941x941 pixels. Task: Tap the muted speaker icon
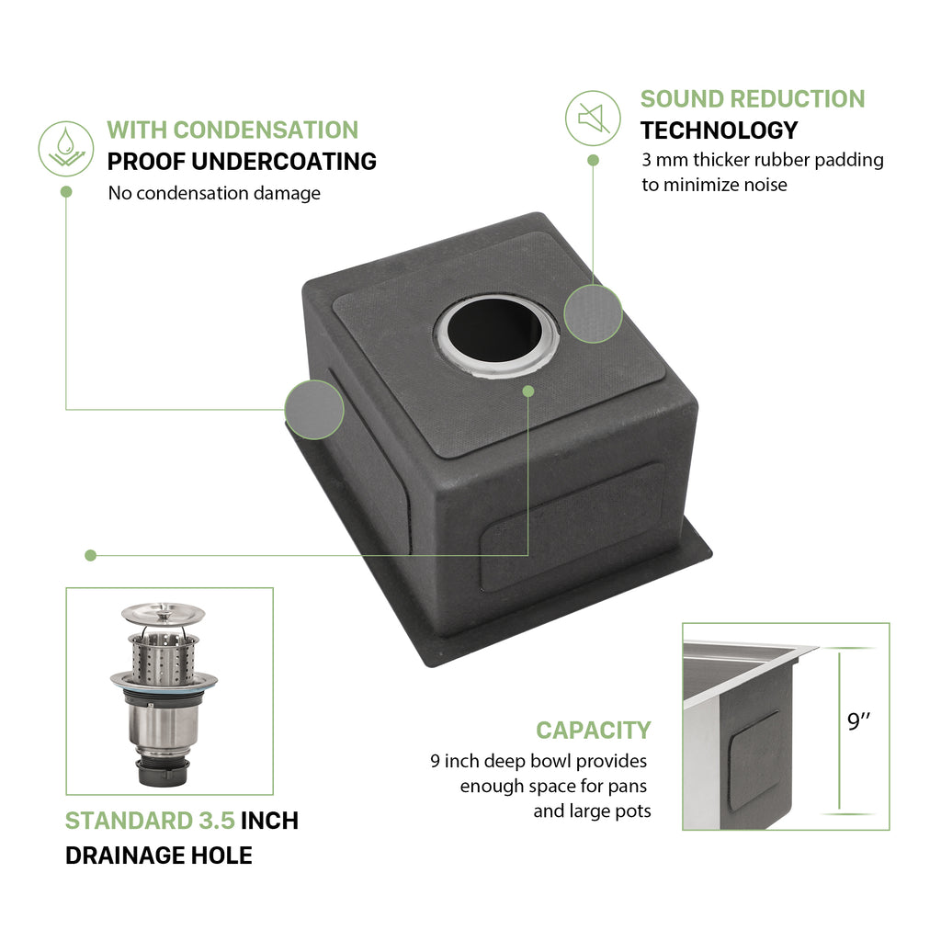593,119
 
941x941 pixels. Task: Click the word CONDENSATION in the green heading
266,130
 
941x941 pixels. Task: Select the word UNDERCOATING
284,162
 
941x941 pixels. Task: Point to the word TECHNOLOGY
719,130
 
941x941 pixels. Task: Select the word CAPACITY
594,731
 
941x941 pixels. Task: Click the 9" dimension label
858,720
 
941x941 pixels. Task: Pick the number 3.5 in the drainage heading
217,821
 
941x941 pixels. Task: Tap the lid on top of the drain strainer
164,614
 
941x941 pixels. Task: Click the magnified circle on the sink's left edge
314,409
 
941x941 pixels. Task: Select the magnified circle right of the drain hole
593,313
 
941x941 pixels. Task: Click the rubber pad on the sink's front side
572,528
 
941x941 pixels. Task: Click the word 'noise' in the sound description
765,185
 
